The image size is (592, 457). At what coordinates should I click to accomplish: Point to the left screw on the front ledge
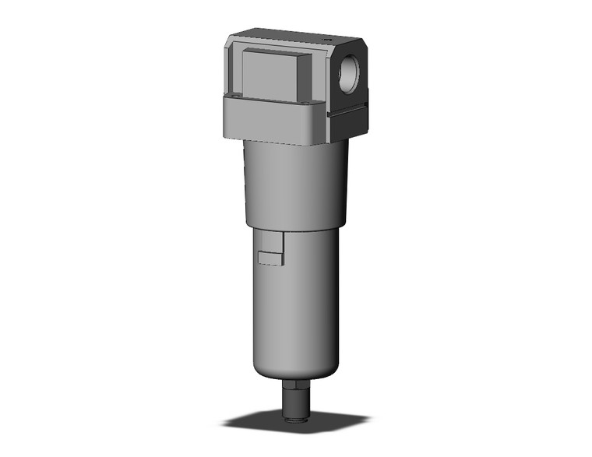coord(231,99)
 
